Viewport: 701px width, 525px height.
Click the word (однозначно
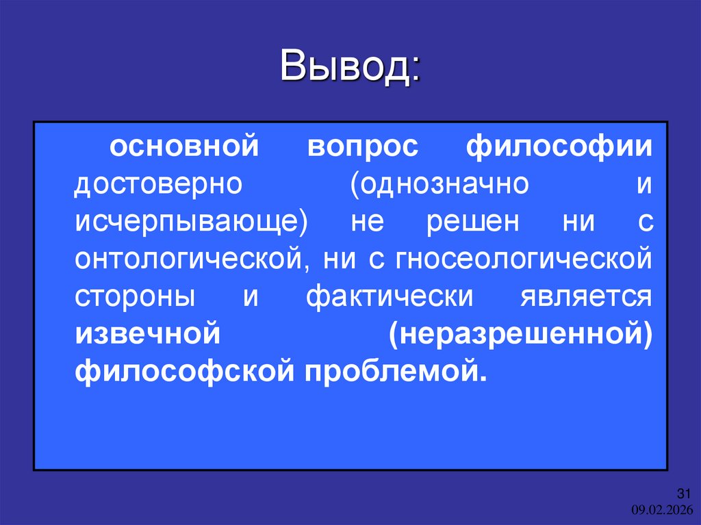click(440, 185)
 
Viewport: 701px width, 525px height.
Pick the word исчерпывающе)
click(190, 223)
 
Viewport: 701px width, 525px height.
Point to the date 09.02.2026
click(661, 509)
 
